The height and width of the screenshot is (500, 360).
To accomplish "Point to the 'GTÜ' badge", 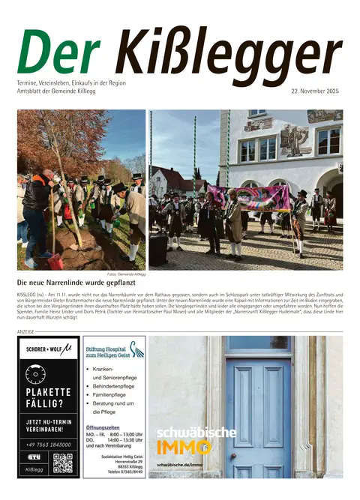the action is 34,457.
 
